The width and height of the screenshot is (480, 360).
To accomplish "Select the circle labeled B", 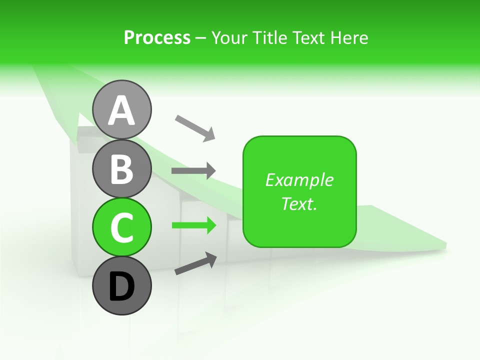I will coord(121,169).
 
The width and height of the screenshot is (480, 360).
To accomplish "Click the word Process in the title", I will coord(157,37).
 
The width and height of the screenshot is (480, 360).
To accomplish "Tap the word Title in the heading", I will coord(271,37).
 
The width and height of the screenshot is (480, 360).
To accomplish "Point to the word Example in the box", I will coord(299,180).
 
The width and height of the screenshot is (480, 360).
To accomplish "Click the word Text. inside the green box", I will coord(299,203).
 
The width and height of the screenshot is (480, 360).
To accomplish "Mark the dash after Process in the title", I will coord(200,38).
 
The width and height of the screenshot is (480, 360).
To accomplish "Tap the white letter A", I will coord(121,111).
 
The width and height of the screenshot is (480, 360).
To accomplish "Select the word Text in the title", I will coord(310,37).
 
